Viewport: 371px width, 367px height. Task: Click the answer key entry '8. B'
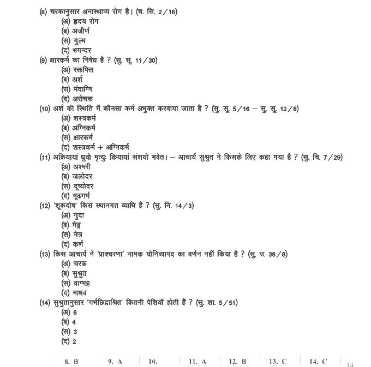click(71, 361)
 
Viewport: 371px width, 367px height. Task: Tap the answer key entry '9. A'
click(115, 361)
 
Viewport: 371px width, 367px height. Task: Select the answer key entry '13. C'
click(277, 361)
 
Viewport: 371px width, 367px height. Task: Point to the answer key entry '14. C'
click(318, 361)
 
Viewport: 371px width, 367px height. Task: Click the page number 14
click(350, 364)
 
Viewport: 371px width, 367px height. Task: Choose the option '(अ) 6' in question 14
click(69, 312)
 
